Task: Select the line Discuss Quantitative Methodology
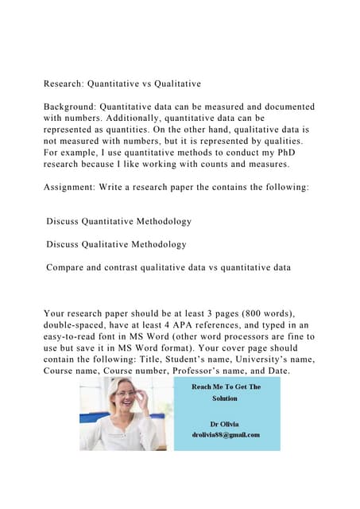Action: pos(118,221)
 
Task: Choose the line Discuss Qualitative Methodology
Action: pos(116,244)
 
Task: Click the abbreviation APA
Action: pos(207,325)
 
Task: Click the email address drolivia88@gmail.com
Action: pos(226,434)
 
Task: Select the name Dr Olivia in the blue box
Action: pos(226,423)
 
